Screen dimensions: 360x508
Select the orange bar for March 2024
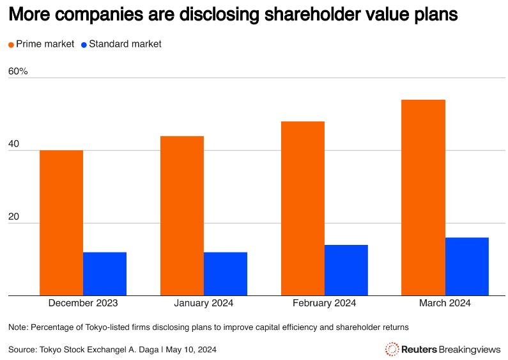(x=423, y=198)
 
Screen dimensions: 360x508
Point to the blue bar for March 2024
(x=467, y=267)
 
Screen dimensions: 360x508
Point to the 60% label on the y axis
(x=18, y=71)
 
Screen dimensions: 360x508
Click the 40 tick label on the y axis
(x=14, y=145)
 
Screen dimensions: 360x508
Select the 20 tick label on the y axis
(x=14, y=217)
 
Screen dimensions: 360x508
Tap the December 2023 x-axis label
(x=83, y=303)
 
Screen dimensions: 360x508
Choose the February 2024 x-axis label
(x=325, y=303)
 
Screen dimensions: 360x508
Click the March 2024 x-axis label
(x=445, y=303)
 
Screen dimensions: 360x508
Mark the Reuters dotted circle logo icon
(x=392, y=349)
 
